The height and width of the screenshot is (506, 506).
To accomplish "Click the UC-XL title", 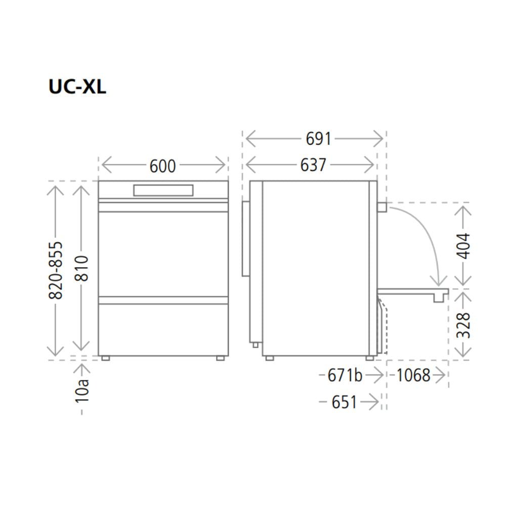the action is [77, 87].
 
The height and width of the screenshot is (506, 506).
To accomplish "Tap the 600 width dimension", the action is [162, 166].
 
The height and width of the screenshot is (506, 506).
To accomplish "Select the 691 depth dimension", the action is [318, 139].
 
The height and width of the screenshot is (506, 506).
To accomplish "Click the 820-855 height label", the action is [56, 270].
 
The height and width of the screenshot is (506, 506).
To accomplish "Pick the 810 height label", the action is [81, 268].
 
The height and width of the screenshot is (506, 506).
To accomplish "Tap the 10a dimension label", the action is [81, 391].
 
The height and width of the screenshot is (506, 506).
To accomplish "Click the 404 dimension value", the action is [463, 246].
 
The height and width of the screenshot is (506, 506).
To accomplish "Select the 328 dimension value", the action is [463, 325].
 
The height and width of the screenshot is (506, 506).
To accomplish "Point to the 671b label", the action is [345, 375].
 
